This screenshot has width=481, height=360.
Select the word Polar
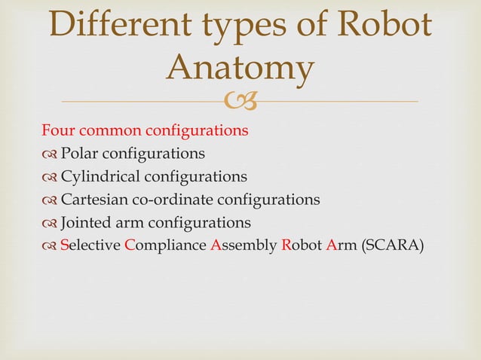pyautogui.click(x=79, y=154)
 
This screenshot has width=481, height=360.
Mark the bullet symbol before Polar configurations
pyautogui.click(x=50, y=154)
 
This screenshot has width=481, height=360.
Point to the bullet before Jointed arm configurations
pyautogui.click(x=50, y=224)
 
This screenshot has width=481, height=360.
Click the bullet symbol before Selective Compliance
pyautogui.click(x=50, y=246)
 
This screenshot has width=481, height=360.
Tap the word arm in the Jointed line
pyautogui.click(x=133, y=223)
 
